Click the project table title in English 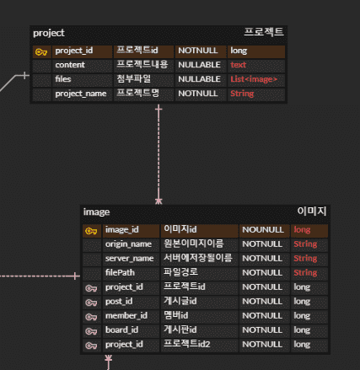point(49,33)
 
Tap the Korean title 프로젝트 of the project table point(264,32)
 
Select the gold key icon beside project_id point(41,52)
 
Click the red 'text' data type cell point(238,65)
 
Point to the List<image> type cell point(254,79)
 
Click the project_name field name point(81,94)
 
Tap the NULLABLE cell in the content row point(199,65)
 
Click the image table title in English point(96,212)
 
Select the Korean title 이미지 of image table point(312,211)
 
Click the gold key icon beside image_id point(91,231)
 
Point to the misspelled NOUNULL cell point(263,230)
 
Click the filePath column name point(120,272)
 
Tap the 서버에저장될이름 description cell point(198,258)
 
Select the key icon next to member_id point(91,317)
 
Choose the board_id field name point(121,330)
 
